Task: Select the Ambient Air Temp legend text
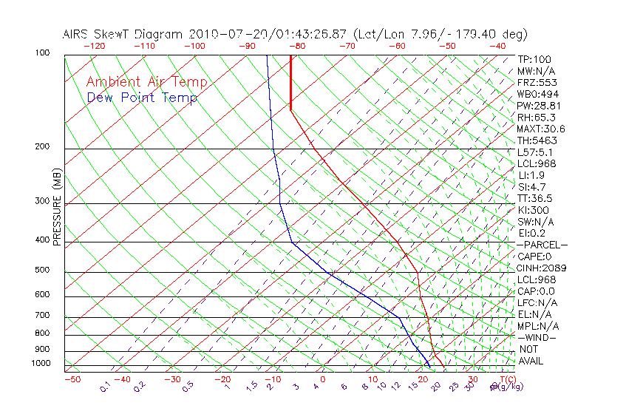tap(146, 82)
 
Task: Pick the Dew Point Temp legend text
tap(142, 98)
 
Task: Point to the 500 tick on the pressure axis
tap(42, 270)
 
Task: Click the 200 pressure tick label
tap(42, 146)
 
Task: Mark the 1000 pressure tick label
tap(40, 364)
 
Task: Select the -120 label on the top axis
tap(94, 46)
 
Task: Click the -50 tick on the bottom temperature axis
tap(72, 379)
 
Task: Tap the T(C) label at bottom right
tap(509, 379)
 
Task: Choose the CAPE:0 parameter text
tap(537, 257)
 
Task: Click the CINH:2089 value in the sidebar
tap(542, 268)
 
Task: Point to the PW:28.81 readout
tap(540, 106)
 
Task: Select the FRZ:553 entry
tap(537, 83)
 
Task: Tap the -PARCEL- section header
tap(542, 245)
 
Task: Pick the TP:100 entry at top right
tap(534, 59)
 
